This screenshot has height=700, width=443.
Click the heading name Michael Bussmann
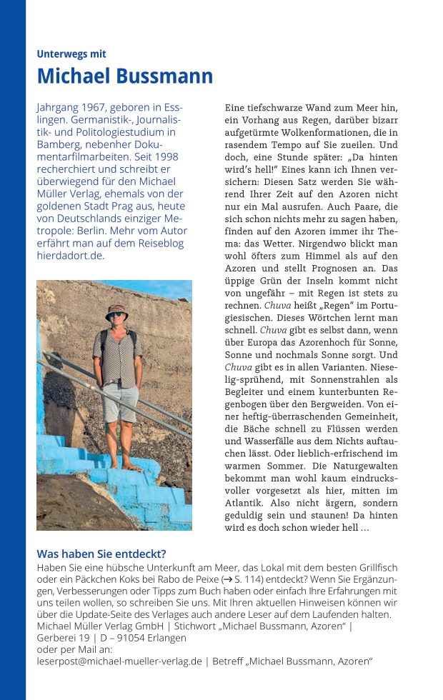(124, 76)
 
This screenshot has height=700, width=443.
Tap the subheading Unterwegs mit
(71, 54)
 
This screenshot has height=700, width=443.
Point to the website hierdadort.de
(70, 255)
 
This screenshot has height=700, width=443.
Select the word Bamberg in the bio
(58, 144)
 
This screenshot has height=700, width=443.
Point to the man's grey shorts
(119, 402)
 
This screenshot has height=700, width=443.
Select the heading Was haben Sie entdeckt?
(101, 554)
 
